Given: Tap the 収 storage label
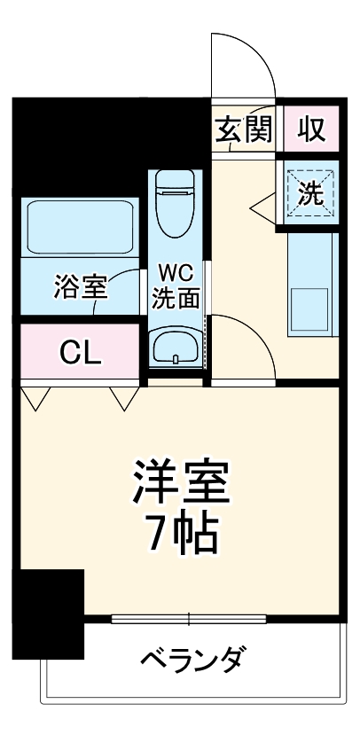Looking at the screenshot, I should [x=310, y=130].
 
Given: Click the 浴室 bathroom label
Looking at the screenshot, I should [x=81, y=286].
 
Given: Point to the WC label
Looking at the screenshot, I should [x=176, y=270].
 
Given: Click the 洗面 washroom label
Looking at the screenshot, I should [x=176, y=298].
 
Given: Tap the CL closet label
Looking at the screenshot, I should [x=81, y=352].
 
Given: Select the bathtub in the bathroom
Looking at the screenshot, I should [x=81, y=228].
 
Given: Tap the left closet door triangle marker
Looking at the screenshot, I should [x=35, y=399].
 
